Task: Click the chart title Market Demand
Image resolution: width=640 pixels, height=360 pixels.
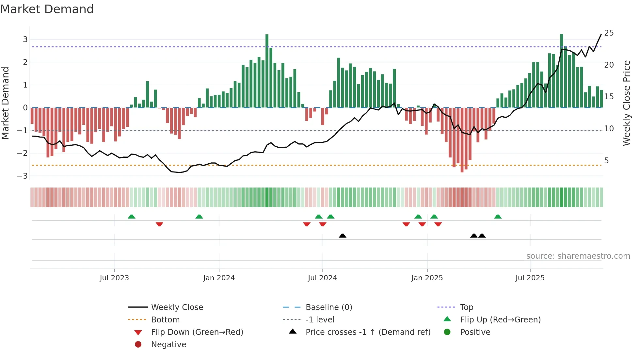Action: tap(47, 9)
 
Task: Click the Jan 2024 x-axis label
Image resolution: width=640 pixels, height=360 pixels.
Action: tap(219, 278)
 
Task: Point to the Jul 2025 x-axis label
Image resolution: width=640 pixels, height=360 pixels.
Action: tap(530, 278)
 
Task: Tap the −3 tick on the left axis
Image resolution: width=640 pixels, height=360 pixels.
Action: tap(23, 176)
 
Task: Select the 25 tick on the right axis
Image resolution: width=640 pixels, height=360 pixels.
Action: tap(609, 33)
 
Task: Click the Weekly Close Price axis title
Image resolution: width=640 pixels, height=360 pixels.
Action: tap(626, 103)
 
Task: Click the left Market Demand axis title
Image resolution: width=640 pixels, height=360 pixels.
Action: tap(6, 103)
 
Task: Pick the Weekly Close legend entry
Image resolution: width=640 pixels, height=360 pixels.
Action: tap(177, 307)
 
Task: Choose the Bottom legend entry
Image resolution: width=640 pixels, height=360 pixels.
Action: tap(165, 320)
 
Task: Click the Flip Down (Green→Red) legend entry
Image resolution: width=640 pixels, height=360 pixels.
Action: tap(197, 332)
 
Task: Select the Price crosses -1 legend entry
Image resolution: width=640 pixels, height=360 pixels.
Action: tap(368, 332)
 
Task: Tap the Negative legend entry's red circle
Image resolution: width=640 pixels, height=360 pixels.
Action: tap(138, 345)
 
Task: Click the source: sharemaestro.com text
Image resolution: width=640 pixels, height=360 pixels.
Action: tap(578, 256)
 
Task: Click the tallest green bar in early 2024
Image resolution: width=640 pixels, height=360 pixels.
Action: tap(267, 70)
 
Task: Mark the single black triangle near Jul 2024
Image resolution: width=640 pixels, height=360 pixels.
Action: tap(343, 236)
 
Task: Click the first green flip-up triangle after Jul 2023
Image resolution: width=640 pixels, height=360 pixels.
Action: tap(132, 217)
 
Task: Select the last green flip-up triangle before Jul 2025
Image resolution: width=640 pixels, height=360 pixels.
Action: tap(498, 217)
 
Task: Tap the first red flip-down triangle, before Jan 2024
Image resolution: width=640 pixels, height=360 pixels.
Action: tap(159, 224)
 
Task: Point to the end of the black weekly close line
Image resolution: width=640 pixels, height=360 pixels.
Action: tap(601, 34)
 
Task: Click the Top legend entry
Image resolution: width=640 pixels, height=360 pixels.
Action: tap(466, 307)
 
